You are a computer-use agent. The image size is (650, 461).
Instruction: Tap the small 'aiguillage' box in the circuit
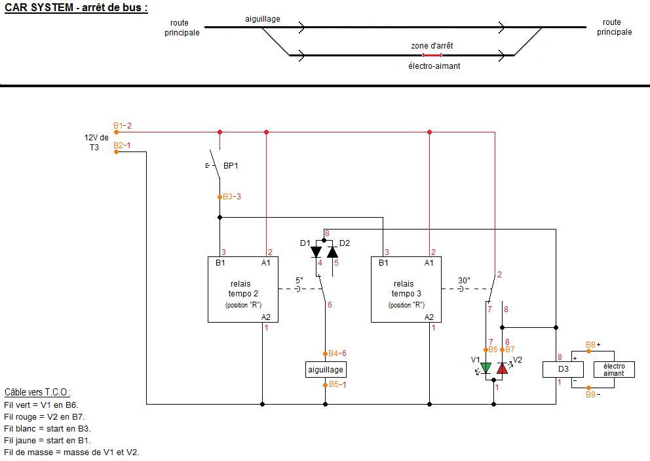click(326, 370)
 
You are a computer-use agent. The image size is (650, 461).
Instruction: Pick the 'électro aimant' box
click(614, 370)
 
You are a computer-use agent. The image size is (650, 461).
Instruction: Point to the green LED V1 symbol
click(486, 368)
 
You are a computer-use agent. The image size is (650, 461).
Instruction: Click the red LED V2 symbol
click(502, 368)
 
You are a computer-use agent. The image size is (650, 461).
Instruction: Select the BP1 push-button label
click(230, 166)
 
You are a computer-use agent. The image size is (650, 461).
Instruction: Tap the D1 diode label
click(305, 243)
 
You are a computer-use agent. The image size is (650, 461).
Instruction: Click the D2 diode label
click(345, 243)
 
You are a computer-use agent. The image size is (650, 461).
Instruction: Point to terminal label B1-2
click(123, 126)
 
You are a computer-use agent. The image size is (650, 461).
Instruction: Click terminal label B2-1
click(123, 146)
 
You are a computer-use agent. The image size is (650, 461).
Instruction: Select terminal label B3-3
click(232, 196)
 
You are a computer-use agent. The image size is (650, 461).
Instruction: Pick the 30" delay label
click(465, 280)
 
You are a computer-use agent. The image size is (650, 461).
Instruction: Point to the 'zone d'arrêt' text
click(432, 46)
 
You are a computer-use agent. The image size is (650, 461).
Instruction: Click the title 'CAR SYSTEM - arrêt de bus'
click(76, 8)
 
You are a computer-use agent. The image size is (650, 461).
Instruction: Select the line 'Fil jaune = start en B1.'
click(47, 440)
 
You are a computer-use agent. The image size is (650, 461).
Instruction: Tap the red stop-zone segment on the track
click(432, 56)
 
